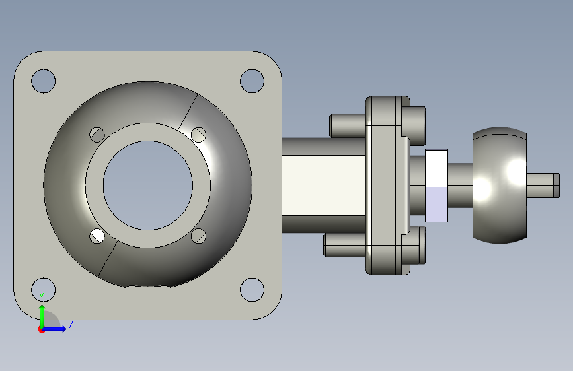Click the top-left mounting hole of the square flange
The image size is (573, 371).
click(x=44, y=81)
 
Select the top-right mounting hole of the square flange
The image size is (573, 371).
click(x=252, y=81)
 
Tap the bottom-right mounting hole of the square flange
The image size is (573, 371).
click(x=252, y=290)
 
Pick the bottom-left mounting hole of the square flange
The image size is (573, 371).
click(x=44, y=290)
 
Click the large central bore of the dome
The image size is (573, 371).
click(x=148, y=185)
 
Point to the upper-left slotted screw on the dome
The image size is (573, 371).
click(x=97, y=135)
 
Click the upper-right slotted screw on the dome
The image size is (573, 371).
click(x=198, y=135)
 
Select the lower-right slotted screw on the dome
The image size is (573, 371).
click(x=198, y=236)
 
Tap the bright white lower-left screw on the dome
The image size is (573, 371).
click(x=97, y=236)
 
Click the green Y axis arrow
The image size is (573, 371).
click(x=42, y=316)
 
